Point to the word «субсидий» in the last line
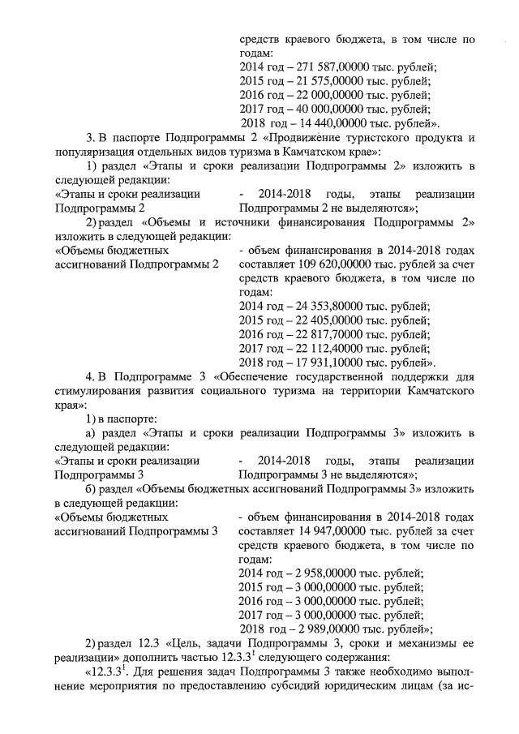click(x=350, y=688)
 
